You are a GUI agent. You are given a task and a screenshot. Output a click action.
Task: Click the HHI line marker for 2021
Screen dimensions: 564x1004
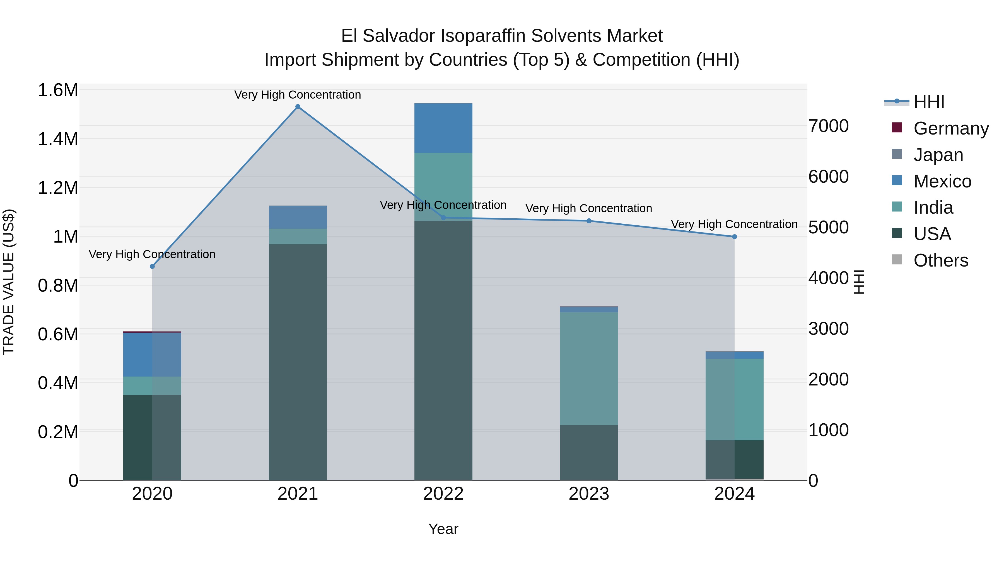[298, 107]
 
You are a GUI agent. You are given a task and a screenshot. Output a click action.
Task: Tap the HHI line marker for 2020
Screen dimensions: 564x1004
[152, 266]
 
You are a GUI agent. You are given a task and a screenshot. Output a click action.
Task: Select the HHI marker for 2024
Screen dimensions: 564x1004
[734, 237]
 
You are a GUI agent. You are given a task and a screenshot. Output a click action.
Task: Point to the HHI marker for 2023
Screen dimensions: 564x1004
[589, 221]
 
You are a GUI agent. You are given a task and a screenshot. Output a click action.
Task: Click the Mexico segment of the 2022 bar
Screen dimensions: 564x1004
[443, 128]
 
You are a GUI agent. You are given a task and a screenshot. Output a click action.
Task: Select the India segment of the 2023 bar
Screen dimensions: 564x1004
[589, 368]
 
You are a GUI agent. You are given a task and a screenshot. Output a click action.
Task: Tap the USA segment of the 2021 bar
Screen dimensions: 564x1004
[298, 362]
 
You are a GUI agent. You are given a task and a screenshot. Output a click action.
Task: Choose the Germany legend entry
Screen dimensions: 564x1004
[951, 128]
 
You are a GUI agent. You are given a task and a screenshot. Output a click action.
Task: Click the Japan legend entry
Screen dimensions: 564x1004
[938, 155]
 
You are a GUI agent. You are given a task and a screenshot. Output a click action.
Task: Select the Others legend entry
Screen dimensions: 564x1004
[940, 260]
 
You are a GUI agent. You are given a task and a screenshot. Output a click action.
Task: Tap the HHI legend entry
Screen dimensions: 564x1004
[929, 102]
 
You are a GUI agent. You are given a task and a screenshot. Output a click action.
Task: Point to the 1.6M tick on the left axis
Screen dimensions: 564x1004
[58, 90]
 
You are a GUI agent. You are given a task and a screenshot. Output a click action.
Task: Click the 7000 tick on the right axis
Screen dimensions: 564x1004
[829, 126]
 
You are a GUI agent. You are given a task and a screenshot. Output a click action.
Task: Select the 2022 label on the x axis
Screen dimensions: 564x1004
[443, 494]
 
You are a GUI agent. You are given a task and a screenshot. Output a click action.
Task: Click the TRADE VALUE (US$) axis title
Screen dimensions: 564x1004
[9, 282]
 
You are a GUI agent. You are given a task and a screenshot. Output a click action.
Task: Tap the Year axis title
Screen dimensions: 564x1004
[443, 529]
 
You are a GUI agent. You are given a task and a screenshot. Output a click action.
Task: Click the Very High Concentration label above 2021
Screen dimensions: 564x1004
[298, 95]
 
